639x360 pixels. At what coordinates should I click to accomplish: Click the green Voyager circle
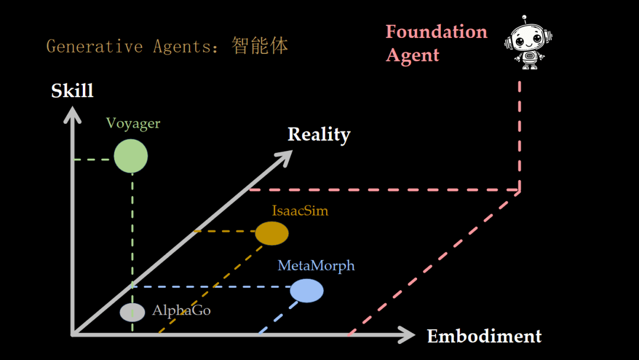[x=131, y=156]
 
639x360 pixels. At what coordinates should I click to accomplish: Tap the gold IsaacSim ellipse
[x=272, y=233]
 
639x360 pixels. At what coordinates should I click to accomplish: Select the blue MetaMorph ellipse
[x=306, y=291]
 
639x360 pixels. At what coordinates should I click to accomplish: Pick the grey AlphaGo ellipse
[x=132, y=312]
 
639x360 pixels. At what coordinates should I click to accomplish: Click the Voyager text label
[x=133, y=123]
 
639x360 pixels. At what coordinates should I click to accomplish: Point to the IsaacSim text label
[x=300, y=210]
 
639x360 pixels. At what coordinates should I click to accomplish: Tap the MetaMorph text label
[x=316, y=265]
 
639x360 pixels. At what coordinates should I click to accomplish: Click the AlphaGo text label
[x=181, y=310]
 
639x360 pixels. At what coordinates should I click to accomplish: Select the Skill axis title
[x=72, y=91]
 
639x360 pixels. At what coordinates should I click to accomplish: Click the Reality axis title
[x=319, y=134]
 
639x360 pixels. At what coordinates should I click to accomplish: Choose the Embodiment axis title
[x=484, y=336]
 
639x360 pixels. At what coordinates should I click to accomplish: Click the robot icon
[x=528, y=44]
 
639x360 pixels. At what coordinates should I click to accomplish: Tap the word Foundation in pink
[x=436, y=31]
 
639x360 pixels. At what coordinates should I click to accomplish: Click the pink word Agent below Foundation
[x=412, y=55]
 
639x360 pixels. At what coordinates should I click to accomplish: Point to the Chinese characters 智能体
[x=260, y=46]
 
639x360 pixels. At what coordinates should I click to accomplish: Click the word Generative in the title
[x=95, y=46]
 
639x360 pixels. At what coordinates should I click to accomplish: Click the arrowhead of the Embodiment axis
[x=408, y=335]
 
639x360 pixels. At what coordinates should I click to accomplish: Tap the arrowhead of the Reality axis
[x=285, y=156]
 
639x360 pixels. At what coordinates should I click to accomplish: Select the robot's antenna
[x=524, y=18]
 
